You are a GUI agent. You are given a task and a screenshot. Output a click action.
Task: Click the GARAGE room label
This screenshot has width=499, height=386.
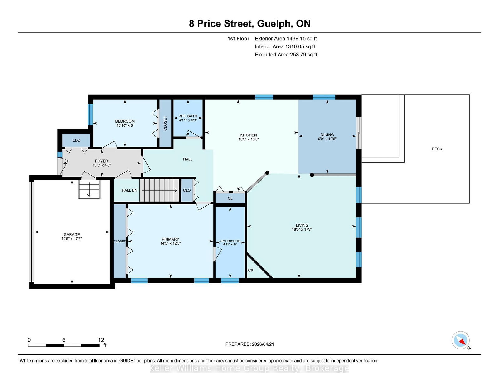tap(72, 235)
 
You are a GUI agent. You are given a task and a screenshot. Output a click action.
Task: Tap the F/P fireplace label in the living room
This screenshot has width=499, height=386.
tap(250, 271)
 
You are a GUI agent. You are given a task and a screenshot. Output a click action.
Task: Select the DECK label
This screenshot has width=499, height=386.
tap(437, 149)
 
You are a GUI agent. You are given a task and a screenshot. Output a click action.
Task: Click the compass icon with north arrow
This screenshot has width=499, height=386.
tap(460, 340)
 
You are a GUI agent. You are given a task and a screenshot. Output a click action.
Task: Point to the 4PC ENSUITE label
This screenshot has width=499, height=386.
tap(230, 241)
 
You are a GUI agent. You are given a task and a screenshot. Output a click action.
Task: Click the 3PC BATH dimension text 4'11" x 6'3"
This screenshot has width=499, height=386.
tap(188, 120)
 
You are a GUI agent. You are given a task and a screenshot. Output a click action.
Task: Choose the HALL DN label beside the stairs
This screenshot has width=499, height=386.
tap(129, 190)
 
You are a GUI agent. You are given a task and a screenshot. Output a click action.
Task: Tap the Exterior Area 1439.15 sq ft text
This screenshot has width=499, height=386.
tap(286, 39)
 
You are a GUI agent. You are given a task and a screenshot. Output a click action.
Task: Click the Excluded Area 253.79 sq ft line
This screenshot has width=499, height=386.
tap(286, 55)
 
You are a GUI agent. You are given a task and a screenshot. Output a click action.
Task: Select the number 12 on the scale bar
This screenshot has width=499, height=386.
tap(101, 340)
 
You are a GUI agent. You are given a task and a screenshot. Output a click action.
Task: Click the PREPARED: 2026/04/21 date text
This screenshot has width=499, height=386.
tap(249, 344)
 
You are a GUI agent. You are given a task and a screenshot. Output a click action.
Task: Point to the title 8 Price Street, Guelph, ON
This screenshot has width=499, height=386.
tap(249, 24)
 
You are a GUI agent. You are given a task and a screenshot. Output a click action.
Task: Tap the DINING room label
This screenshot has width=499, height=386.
tap(327, 135)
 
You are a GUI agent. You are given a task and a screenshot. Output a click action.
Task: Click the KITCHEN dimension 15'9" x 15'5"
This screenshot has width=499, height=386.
tap(248, 139)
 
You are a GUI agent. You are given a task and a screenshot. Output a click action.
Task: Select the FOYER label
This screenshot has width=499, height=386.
tap(101, 161)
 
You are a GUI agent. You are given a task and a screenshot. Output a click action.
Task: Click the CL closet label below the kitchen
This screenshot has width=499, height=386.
tap(230, 198)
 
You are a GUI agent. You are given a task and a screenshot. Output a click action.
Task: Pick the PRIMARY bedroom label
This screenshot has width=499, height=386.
tap(170, 239)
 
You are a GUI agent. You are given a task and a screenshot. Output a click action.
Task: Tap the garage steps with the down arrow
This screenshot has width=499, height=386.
tap(89, 189)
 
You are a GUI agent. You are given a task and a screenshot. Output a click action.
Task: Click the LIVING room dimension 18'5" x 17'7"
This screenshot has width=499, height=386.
tap(302, 229)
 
